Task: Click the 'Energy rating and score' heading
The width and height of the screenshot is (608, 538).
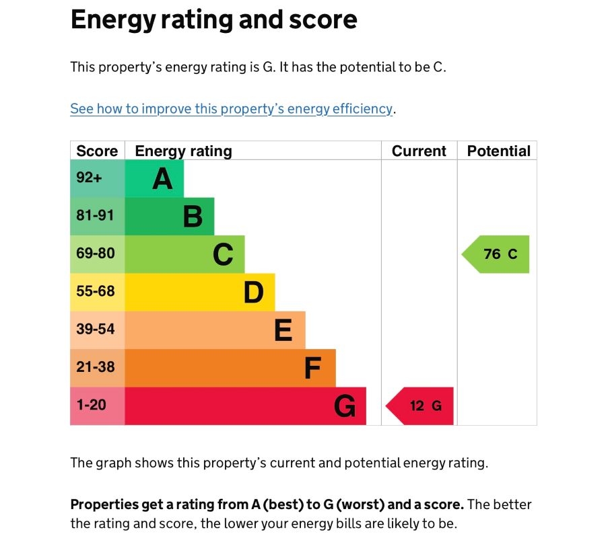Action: pos(213,20)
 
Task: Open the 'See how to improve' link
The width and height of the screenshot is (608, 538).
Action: pos(231,109)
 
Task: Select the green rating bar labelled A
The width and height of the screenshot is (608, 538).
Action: pos(154,179)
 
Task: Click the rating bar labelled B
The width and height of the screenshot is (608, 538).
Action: pos(169,217)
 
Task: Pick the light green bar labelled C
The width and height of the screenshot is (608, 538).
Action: pos(184,254)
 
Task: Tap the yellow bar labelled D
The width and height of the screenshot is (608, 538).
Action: pos(200,292)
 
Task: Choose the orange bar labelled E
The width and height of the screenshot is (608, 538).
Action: pos(215,330)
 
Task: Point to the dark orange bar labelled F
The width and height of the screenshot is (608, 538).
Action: pos(230,368)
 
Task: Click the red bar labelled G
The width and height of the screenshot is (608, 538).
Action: pos(245,406)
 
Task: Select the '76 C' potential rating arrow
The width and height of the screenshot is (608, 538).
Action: pos(497,254)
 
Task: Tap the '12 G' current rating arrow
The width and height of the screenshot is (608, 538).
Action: pos(421,406)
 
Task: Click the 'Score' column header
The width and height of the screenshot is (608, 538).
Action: pos(97,151)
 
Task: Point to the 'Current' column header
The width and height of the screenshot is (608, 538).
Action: pos(419,151)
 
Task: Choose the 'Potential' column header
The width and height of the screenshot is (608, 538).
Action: pos(498,151)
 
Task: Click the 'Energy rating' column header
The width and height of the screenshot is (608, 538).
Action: pos(183,151)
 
